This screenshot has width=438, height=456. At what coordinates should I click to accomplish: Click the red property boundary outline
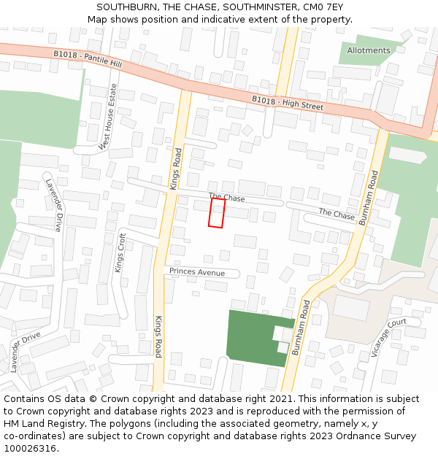[x=217, y=212]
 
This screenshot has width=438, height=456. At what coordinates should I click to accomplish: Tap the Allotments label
[x=369, y=50]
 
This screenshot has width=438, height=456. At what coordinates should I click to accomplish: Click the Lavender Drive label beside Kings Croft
[x=55, y=204]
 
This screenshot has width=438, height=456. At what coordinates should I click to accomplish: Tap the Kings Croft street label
[x=121, y=252]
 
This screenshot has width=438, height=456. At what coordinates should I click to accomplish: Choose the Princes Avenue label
[x=197, y=272]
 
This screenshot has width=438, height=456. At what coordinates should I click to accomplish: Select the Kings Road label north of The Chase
[x=176, y=169]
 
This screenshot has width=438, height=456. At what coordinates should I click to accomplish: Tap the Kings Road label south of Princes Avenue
[x=158, y=337]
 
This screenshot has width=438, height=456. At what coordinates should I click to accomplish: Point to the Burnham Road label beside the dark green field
[x=301, y=327]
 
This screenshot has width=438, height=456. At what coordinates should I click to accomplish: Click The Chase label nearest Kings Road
[x=227, y=198]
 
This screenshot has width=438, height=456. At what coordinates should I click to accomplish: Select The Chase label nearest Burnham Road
[x=337, y=214]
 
